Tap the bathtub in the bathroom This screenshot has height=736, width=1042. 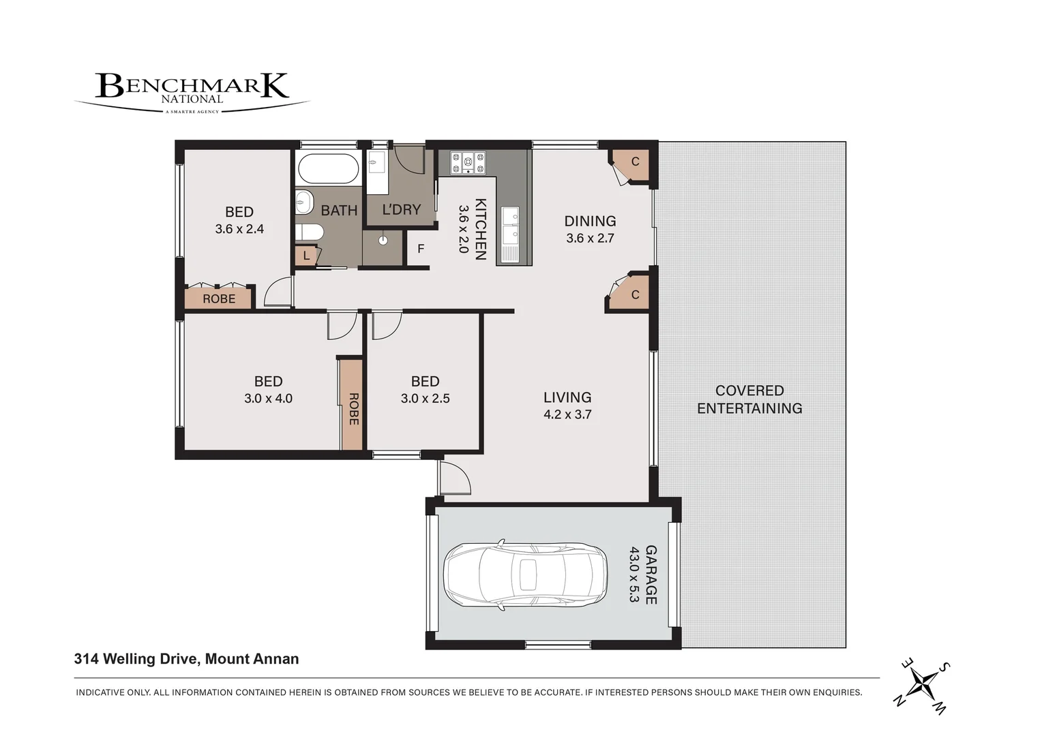click(x=329, y=169)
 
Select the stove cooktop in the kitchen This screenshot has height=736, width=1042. click(x=468, y=163)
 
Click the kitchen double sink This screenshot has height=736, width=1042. click(x=510, y=225)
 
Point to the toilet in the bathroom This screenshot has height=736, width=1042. click(x=310, y=232)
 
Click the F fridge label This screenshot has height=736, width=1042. click(x=421, y=249)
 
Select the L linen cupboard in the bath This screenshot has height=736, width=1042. click(x=306, y=256)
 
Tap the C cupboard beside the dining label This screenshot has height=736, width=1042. click(x=631, y=163)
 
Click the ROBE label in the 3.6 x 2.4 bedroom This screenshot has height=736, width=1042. click(x=219, y=298)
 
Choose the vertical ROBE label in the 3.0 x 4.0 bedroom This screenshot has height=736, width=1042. click(x=353, y=409)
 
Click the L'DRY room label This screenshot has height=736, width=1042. click(x=402, y=210)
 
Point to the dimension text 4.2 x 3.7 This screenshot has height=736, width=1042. click(x=567, y=414)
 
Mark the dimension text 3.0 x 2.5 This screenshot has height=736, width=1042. click(x=425, y=399)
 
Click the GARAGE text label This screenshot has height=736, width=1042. click(x=651, y=574)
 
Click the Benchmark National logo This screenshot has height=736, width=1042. click(x=192, y=93)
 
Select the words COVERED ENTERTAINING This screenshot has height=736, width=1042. click(x=749, y=399)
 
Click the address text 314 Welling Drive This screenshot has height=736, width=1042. click(x=137, y=659)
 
